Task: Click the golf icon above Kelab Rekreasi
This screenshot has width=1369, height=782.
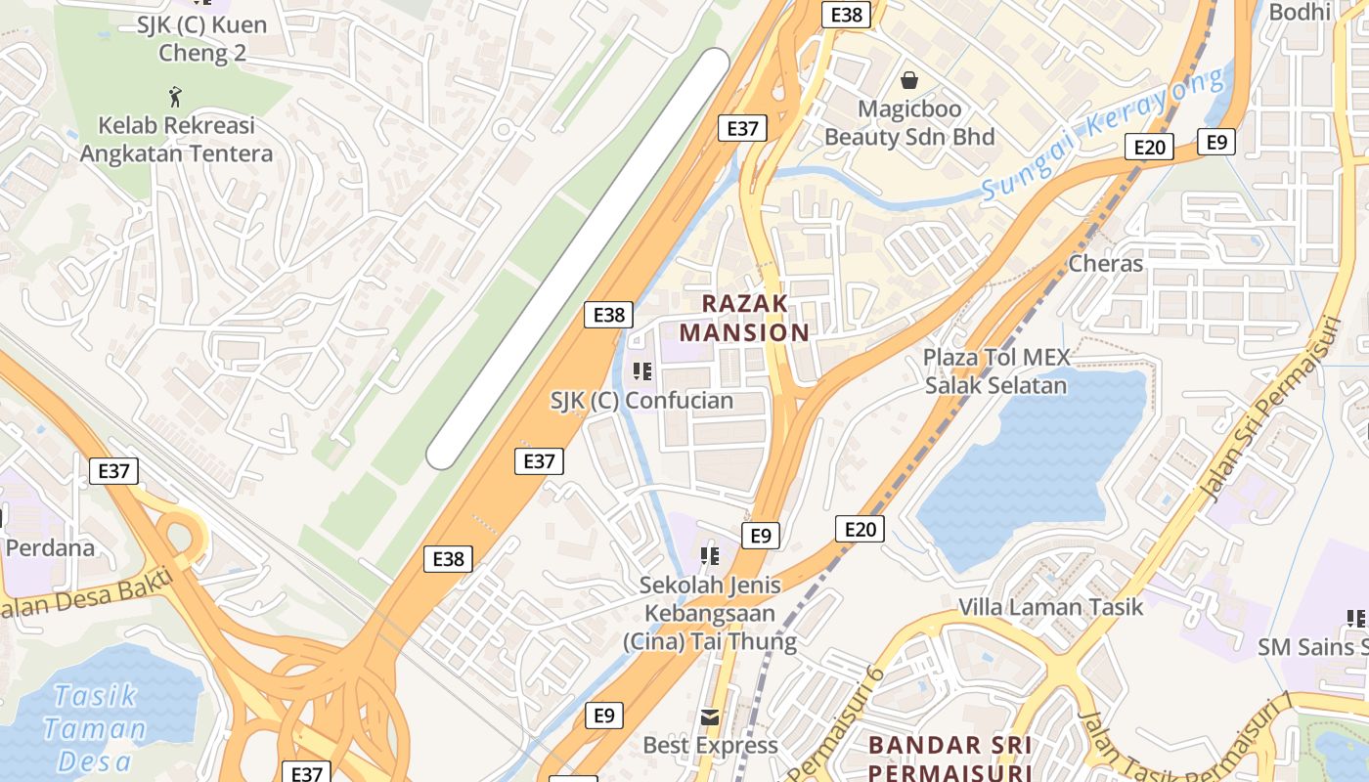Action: coord(175,96)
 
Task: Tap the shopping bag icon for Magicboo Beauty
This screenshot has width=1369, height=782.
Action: coord(909,79)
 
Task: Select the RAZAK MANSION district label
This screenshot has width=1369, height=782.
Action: coord(744,318)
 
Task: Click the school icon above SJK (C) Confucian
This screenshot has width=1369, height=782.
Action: coord(641,371)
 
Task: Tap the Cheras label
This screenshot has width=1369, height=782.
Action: coord(1105,263)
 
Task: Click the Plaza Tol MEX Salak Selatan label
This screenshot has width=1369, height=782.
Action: coord(996,371)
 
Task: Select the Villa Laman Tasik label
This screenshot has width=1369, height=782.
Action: coord(1050,607)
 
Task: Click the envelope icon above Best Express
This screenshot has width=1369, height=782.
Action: coord(710,717)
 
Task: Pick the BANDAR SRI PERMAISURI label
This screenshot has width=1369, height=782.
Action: coord(949,759)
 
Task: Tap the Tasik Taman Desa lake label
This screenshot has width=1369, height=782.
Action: coord(95,728)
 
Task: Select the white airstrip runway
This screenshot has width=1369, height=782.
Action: coord(578,258)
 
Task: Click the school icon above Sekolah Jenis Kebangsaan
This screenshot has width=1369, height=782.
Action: coord(710,556)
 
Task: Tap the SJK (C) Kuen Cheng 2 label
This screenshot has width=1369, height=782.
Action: coord(201,38)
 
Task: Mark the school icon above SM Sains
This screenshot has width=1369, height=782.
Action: coord(1356,618)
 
